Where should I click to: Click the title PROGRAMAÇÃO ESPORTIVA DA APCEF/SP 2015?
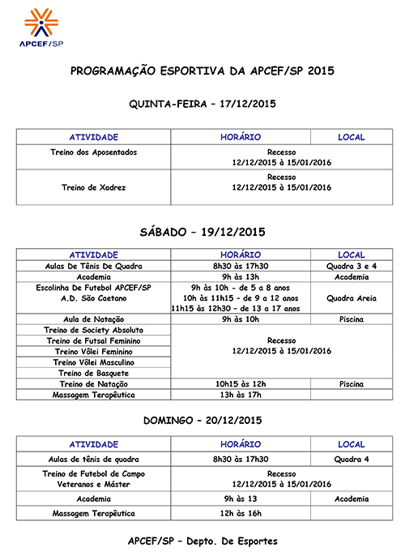pos(202,71)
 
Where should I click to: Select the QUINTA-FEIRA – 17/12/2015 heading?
pos(202,104)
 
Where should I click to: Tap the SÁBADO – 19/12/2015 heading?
pos(202,232)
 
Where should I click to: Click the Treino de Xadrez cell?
pos(94,187)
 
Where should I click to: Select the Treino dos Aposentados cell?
pos(94,152)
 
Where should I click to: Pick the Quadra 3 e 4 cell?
pos(351,266)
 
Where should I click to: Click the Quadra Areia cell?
pos(351,298)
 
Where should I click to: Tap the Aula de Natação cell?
pos(94,319)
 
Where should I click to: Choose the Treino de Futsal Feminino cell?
pos(94,341)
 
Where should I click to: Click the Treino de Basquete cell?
pos(94,373)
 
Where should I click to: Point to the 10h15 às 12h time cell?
pos(241,383)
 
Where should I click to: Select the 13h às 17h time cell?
pos(241,395)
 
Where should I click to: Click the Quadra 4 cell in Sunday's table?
pos(351,459)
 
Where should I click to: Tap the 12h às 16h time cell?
pos(241,513)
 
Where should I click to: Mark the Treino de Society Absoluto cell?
pos(94,331)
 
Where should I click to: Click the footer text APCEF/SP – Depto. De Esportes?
pos(202,540)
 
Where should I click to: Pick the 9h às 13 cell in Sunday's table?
pos(241,499)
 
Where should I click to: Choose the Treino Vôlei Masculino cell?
pos(94,362)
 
